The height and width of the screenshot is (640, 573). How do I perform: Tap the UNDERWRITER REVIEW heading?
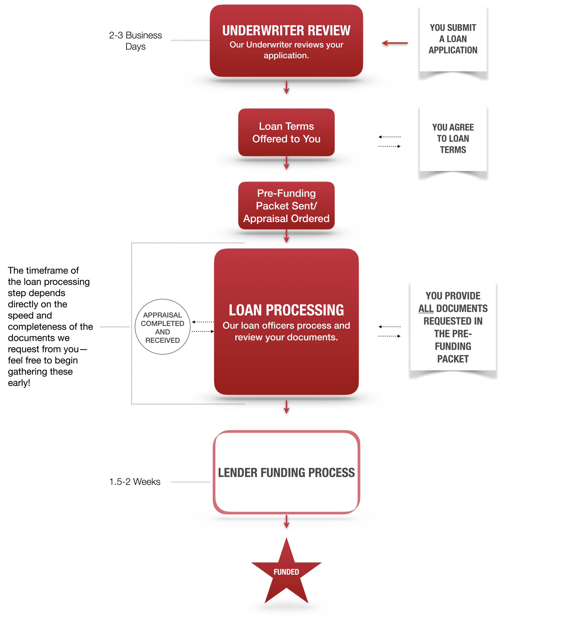[286, 30]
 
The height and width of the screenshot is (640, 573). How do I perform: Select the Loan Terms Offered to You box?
[286, 132]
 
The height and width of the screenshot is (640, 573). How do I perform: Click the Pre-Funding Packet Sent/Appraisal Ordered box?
[286, 205]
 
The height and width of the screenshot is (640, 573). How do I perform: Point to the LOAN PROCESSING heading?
[286, 310]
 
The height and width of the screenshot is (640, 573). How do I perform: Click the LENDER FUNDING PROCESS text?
[286, 473]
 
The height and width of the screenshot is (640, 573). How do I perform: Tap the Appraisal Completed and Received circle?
[163, 327]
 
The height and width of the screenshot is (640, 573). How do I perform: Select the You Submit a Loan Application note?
[453, 39]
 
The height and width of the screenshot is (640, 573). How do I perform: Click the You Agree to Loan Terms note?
[453, 138]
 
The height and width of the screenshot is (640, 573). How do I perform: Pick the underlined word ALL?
[426, 308]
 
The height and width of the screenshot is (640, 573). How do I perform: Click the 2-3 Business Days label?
[135, 41]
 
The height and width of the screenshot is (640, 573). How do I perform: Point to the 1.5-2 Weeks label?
[135, 482]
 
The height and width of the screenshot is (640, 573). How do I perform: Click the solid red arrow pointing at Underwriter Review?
[395, 43]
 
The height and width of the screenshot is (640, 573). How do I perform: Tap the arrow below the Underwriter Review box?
[286, 88]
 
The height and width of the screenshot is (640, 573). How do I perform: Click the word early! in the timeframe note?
[19, 383]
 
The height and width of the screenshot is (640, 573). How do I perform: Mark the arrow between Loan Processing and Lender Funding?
[286, 407]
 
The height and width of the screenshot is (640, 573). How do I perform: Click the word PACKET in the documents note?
[453, 359]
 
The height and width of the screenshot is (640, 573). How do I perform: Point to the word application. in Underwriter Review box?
[286, 56]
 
